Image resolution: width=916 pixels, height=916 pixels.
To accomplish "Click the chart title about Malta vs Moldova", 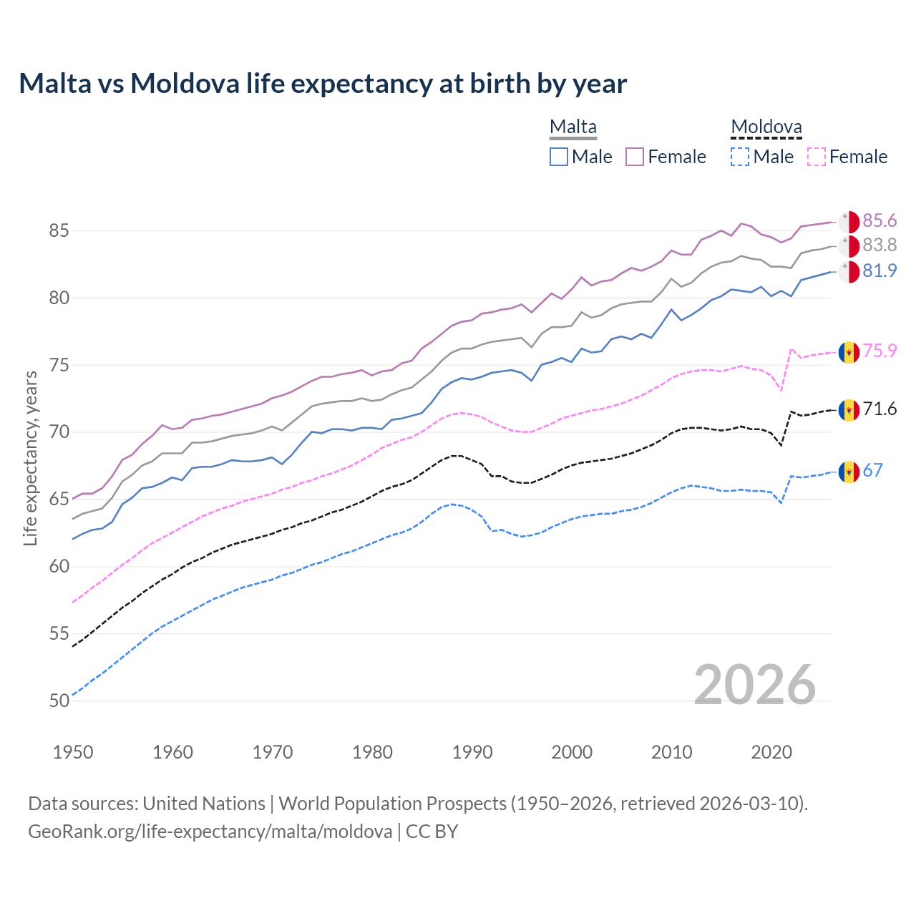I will [x=323, y=84].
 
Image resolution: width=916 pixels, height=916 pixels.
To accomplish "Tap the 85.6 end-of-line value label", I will [x=880, y=220].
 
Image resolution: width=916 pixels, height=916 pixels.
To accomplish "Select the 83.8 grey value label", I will [x=880, y=245].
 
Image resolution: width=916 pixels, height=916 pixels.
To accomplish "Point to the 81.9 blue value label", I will [x=880, y=271].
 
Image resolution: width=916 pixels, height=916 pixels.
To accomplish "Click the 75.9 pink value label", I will [x=880, y=351].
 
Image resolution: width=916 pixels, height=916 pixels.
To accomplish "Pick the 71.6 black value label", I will [x=880, y=409].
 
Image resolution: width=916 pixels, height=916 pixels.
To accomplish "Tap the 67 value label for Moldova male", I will [x=873, y=470].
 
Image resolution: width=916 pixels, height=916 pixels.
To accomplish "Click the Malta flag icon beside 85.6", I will [x=849, y=221].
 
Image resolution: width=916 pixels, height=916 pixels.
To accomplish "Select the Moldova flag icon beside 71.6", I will [x=849, y=410].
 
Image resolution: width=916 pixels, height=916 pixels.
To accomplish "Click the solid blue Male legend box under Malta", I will [x=559, y=157].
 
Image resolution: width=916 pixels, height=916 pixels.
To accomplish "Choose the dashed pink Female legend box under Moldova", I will [x=817, y=157].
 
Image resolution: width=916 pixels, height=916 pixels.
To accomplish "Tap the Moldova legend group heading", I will [x=766, y=127].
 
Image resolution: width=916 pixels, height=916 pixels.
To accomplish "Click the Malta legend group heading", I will [x=573, y=127].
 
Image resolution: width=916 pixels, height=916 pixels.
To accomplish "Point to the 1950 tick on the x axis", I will [x=73, y=752].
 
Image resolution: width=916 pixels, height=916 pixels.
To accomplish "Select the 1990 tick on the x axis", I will [x=472, y=752].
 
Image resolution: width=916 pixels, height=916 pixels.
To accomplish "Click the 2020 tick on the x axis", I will [x=771, y=752].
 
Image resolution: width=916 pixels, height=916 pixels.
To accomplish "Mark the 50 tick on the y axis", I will [x=59, y=701].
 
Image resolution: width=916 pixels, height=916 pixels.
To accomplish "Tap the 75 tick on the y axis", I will [x=59, y=365].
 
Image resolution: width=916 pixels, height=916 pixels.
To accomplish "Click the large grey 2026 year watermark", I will [x=755, y=685].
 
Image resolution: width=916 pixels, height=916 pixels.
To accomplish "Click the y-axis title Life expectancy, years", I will [x=31, y=458].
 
